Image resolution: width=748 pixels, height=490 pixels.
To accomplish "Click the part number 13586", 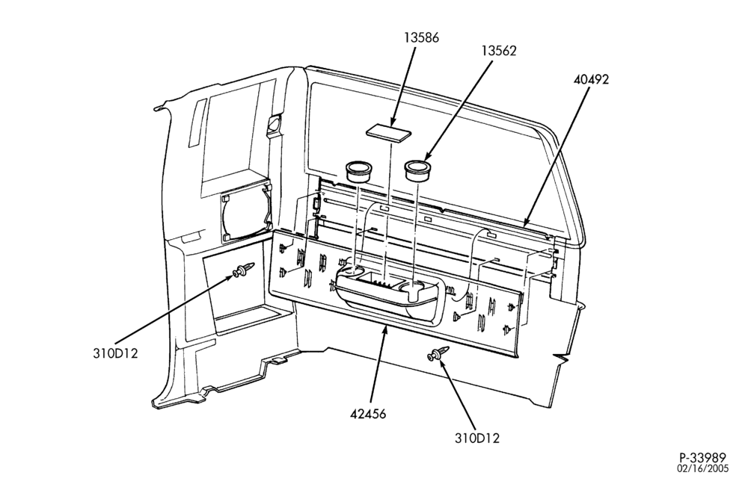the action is click(x=421, y=37).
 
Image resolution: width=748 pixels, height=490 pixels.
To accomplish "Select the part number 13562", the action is click(x=498, y=51).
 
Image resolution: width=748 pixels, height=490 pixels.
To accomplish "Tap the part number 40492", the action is click(x=591, y=79).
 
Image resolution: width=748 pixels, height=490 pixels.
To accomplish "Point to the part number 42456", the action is click(x=368, y=414).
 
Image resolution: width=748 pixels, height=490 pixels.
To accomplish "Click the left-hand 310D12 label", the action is click(x=115, y=353).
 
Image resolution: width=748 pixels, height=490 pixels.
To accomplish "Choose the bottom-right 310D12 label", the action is click(x=477, y=438).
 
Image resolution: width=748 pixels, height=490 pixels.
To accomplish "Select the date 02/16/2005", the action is click(x=703, y=468).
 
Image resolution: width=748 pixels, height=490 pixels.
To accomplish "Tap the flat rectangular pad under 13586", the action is click(x=387, y=131).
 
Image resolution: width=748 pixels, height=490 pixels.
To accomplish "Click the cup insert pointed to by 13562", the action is click(x=418, y=170).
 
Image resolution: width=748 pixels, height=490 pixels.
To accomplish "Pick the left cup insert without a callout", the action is click(x=358, y=172).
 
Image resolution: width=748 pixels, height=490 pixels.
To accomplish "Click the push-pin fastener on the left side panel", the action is click(x=243, y=270).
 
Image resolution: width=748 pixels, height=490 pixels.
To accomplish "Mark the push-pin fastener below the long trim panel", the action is click(x=439, y=354).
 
